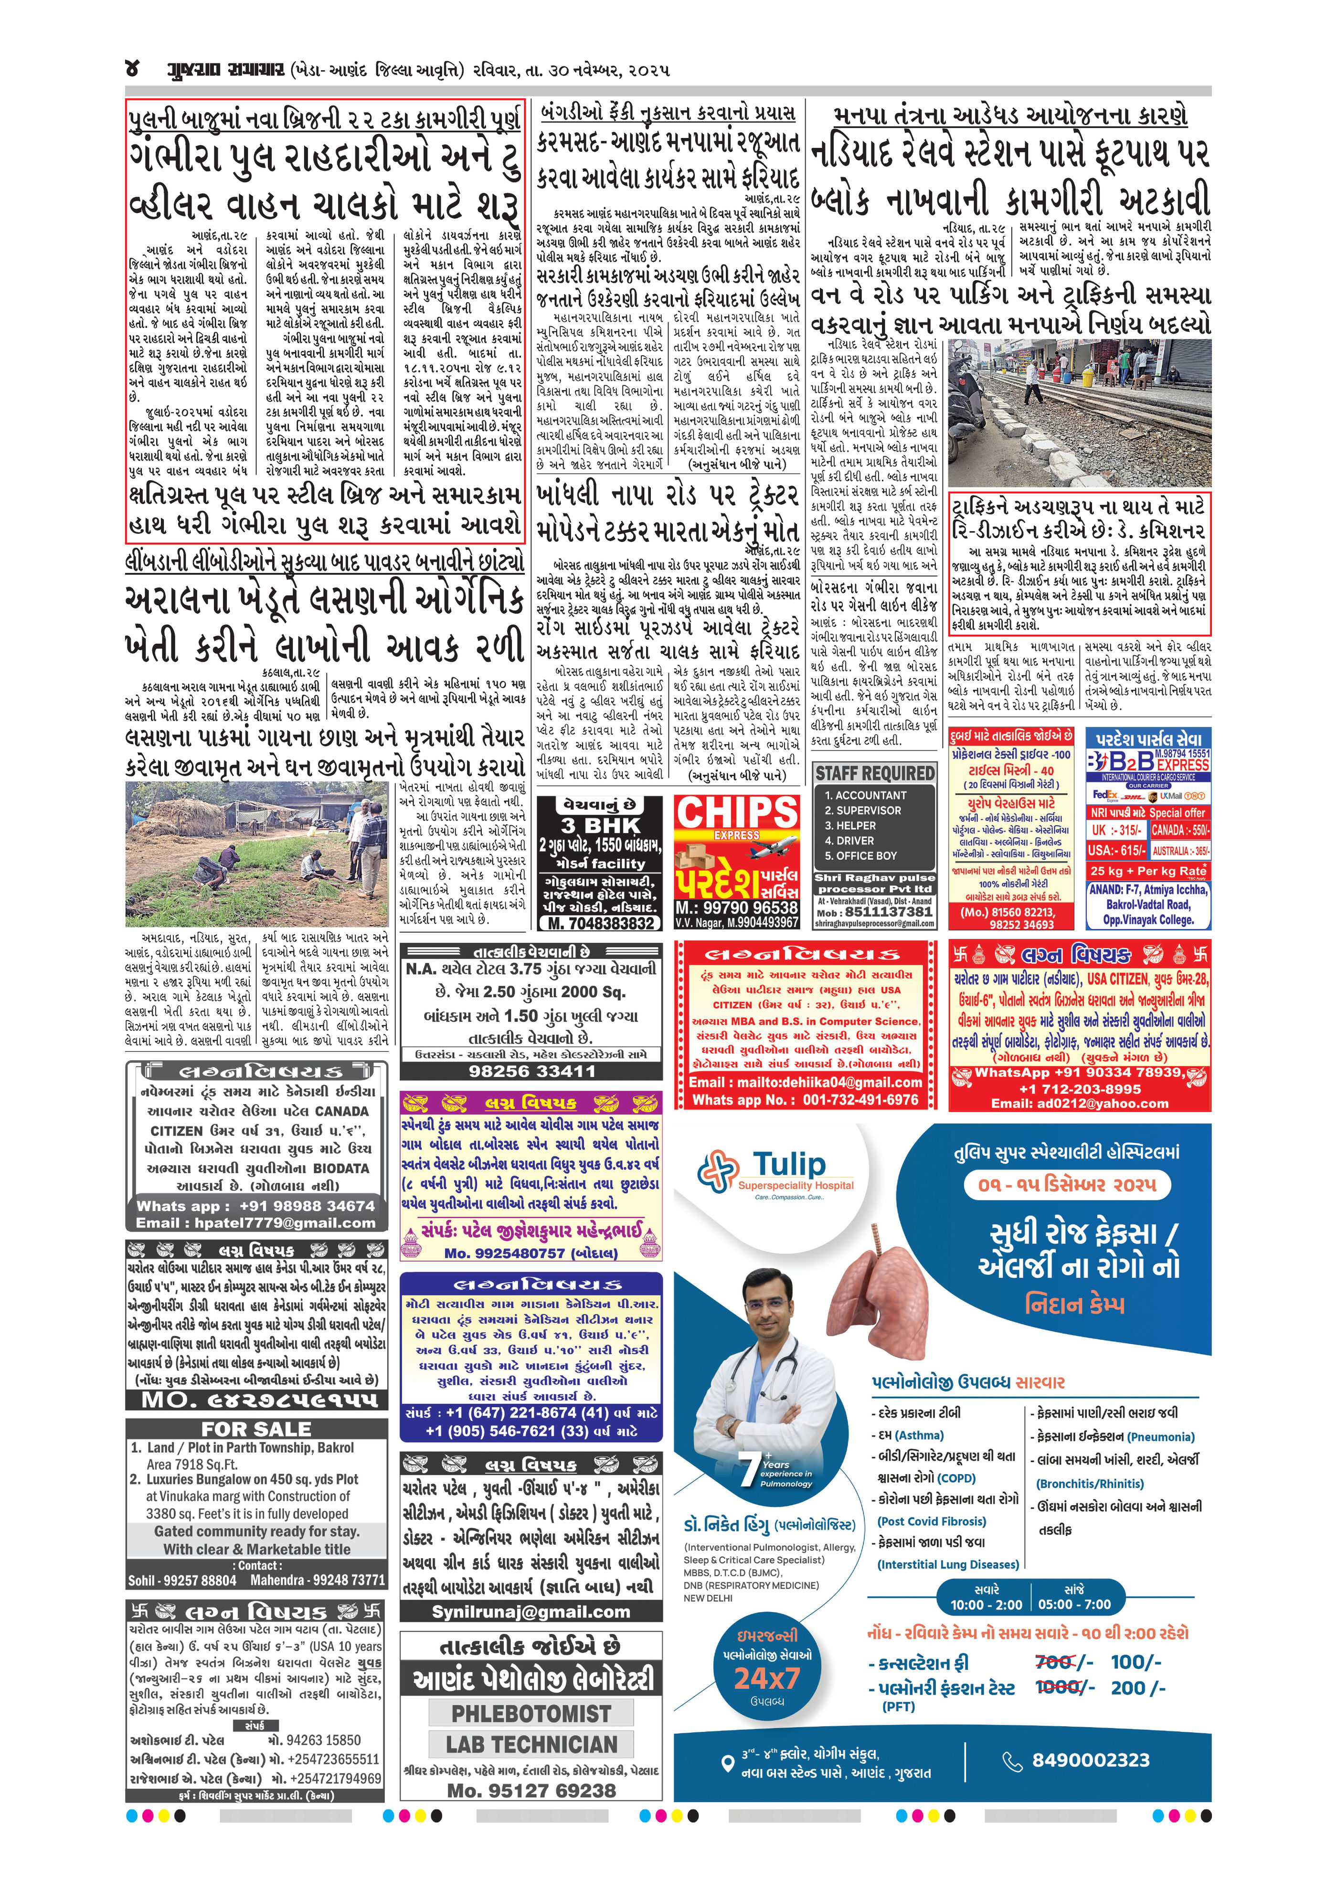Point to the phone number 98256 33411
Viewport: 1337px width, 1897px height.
tap(531, 1071)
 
